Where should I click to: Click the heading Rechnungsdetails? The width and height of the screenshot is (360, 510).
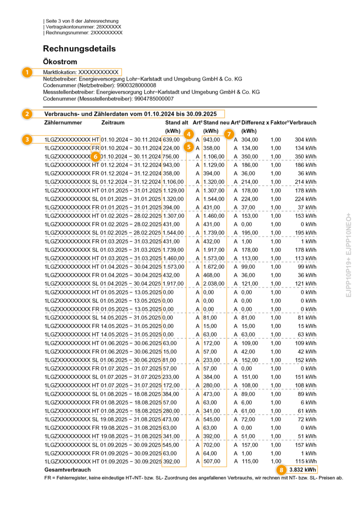coord(79,49)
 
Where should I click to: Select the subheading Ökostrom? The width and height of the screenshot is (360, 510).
coord(60,61)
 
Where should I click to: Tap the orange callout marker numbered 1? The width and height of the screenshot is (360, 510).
coord(27,72)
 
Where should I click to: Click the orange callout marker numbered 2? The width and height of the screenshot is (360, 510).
coord(27,114)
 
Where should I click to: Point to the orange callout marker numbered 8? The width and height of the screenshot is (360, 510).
coord(281,469)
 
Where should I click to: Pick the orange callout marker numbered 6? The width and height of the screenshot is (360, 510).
coord(95,156)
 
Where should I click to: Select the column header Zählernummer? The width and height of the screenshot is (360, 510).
coord(63,122)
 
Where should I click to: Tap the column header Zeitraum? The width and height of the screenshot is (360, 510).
coord(112,122)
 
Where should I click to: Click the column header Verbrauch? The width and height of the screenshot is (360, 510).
coord(303,122)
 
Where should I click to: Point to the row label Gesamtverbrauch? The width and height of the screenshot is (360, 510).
coord(67,470)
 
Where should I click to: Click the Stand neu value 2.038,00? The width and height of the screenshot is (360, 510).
coord(214,284)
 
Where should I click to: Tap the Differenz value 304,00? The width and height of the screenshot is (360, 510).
coord(249,139)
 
